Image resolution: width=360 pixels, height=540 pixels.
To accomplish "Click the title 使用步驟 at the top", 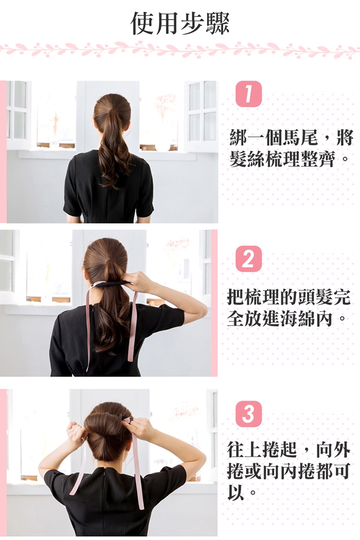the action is click(180, 24).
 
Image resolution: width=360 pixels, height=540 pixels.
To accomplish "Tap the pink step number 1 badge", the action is click(248, 94).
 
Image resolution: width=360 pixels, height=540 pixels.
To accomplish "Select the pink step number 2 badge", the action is click(248, 259).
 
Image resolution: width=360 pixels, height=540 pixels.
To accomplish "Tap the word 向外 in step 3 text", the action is click(333, 450).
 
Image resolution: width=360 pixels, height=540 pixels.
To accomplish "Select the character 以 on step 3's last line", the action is click(236, 493).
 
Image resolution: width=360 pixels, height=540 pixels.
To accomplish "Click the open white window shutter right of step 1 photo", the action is click(202, 115).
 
